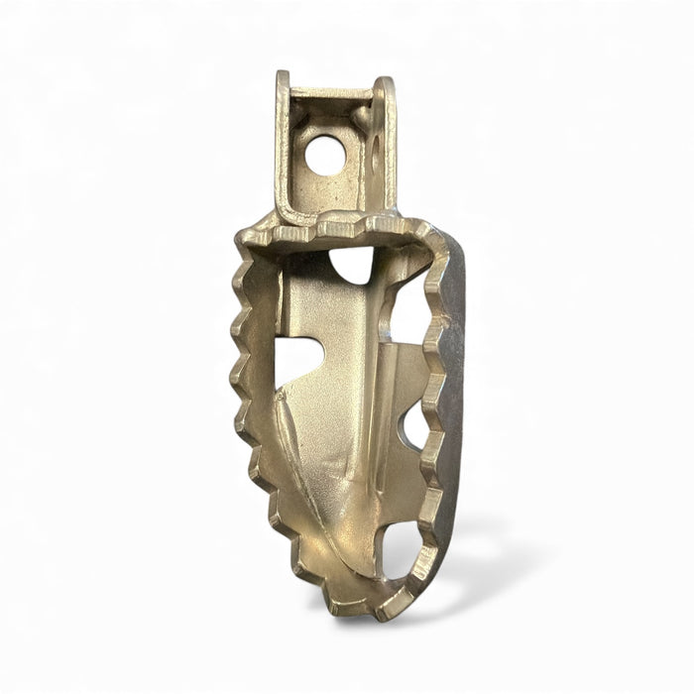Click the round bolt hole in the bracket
click(325, 155)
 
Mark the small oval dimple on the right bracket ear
click(378, 159)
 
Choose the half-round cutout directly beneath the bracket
click(353, 264)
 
